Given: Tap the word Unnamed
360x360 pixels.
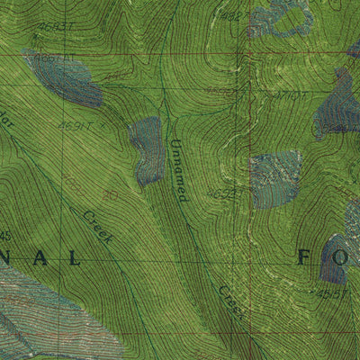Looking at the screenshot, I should coord(178,169).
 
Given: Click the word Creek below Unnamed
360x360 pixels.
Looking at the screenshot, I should coord(229,301).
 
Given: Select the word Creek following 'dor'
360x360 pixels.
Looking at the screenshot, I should coord(98,226).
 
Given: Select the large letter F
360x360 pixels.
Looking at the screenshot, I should coord(304,258).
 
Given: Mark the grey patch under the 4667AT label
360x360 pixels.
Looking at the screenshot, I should coord(67,81).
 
